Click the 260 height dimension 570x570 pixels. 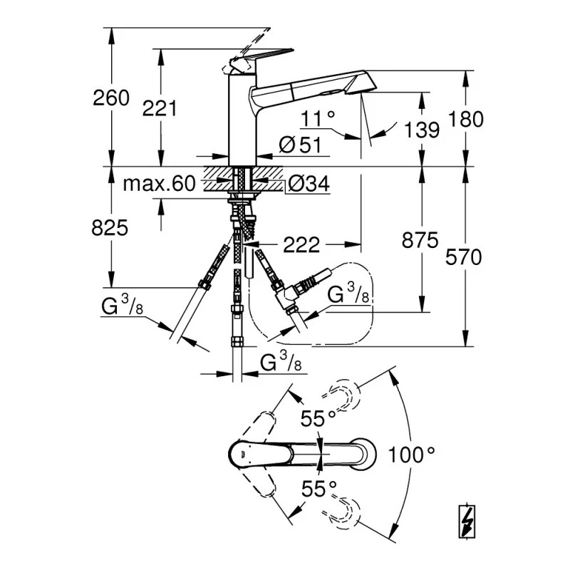[111, 98]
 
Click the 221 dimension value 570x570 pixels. [159, 108]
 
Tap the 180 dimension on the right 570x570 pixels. [466, 119]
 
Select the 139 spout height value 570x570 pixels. [422, 130]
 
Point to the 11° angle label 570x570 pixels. [318, 118]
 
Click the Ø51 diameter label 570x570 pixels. [300, 145]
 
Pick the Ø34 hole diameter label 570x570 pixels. [309, 184]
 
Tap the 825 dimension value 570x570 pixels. [110, 228]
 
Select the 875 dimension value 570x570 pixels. [420, 240]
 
